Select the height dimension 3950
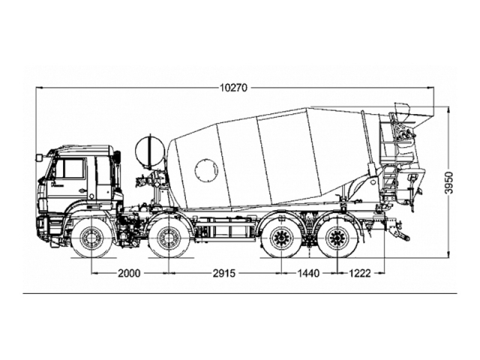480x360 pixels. coord(449,183)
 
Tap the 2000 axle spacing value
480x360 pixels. coord(130,273)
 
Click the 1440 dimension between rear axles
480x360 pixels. coord(308,273)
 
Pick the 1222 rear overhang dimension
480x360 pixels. coord(360,273)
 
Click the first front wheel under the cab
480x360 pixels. coord(92,239)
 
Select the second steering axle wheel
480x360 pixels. coord(168,239)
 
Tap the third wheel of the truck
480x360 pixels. coord(283,239)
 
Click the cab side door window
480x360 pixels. coord(71,169)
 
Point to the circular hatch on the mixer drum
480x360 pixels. coord(205,169)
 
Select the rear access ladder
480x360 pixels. coord(388,161)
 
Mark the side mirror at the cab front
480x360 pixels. coord(39,158)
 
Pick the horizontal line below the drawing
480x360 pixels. coord(239,293)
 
